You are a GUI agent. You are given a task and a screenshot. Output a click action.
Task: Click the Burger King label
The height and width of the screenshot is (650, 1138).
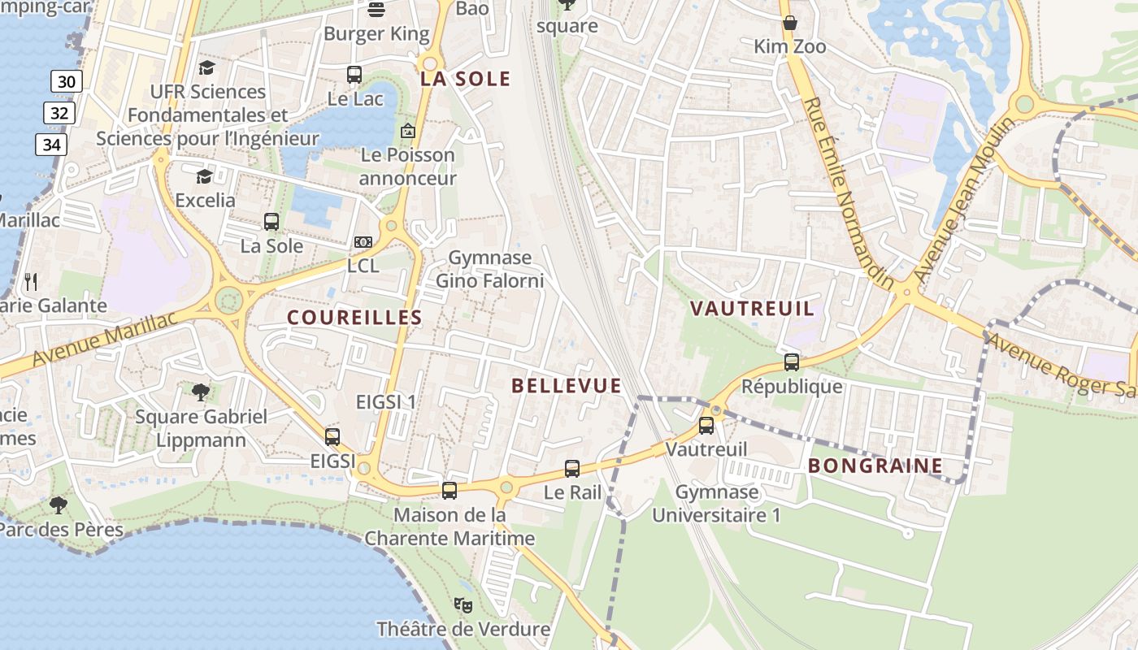(x=376, y=33)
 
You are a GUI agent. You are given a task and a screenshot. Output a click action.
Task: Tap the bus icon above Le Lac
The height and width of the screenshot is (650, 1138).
(x=354, y=75)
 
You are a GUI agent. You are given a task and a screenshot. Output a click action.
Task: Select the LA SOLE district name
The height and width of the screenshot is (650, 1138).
(x=466, y=79)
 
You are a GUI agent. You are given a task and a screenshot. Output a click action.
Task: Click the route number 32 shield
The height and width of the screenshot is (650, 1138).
(x=59, y=113)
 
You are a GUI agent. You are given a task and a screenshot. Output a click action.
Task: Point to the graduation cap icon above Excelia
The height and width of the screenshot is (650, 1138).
(x=204, y=176)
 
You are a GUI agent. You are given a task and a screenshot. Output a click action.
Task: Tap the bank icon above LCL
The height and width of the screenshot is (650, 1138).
(x=363, y=242)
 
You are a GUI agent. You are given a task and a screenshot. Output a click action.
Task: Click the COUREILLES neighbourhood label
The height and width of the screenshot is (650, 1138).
(x=354, y=318)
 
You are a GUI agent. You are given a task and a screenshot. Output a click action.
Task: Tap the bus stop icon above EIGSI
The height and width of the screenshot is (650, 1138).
(x=332, y=437)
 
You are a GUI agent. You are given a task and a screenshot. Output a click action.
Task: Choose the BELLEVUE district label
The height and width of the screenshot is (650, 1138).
(x=567, y=386)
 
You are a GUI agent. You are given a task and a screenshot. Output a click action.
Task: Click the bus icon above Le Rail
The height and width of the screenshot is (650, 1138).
(x=572, y=469)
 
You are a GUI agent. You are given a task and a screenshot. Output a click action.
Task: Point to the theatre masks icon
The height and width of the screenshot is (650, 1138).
(x=463, y=605)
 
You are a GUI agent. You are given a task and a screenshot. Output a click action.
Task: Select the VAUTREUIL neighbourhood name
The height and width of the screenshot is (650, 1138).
(x=752, y=309)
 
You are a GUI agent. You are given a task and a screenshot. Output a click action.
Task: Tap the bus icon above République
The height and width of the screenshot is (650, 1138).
(x=792, y=362)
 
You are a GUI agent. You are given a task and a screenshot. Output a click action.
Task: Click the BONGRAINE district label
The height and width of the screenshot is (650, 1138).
(x=875, y=466)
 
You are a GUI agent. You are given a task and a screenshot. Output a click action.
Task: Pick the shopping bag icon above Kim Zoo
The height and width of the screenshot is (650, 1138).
(x=789, y=23)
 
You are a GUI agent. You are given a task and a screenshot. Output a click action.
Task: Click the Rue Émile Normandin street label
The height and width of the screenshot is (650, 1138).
(x=848, y=193)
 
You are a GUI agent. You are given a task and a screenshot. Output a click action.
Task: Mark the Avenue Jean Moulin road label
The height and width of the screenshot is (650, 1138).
(x=964, y=200)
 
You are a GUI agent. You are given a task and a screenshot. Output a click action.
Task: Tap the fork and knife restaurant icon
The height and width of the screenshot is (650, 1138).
(x=31, y=282)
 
